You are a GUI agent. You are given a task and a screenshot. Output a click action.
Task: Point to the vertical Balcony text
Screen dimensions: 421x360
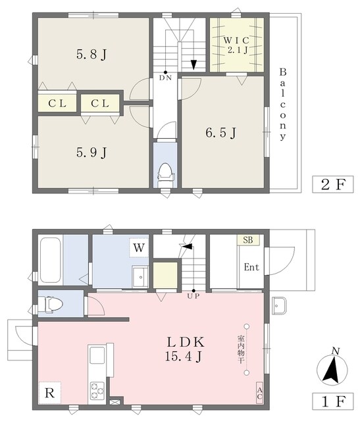point(282,104)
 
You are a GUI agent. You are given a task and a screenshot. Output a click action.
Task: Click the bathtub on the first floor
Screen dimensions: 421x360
point(51,259)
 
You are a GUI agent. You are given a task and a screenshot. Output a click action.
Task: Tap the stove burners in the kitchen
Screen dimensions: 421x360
point(97,389)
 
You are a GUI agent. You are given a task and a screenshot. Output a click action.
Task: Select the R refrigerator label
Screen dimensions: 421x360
point(50,394)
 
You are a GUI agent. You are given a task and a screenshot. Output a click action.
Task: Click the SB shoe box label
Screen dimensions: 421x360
point(248,241)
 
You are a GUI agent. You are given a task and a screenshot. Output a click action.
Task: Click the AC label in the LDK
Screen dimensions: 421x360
point(259,393)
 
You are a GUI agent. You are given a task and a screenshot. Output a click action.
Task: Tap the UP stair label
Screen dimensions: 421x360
point(193,297)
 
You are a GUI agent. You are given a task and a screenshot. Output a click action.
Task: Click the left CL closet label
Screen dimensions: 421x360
point(57,103)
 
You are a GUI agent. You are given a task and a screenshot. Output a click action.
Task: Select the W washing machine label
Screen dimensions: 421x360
point(139,248)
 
